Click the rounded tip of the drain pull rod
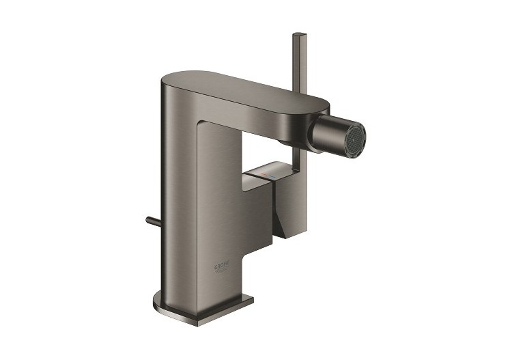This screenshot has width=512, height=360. [147, 220]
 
